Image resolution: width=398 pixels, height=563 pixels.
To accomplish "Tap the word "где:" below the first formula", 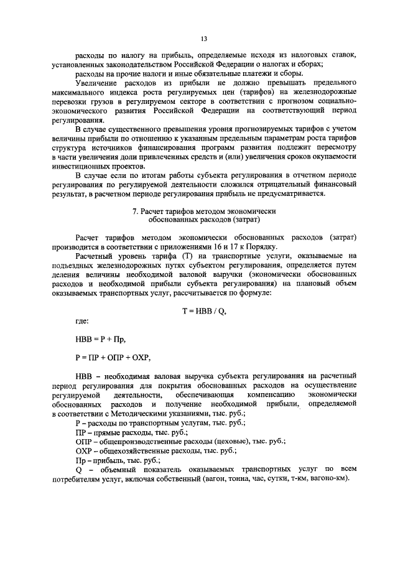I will tap(81, 321).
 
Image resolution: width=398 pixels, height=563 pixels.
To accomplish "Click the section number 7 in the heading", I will tap(136, 211).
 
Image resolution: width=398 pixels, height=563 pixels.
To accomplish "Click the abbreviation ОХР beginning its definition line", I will tap(83, 450).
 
